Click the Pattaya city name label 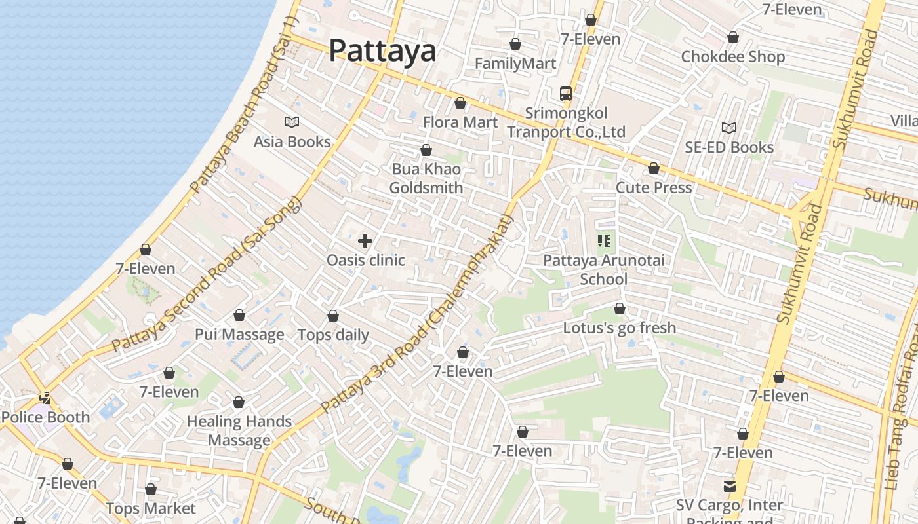(382, 50)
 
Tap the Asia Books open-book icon (292, 122)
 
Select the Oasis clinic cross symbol (365, 241)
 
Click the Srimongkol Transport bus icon (566, 94)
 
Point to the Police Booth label (45, 417)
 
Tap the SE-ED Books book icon (729, 128)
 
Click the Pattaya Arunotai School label (604, 270)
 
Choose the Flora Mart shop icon (460, 103)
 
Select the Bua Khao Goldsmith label (426, 178)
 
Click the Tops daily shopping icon (333, 316)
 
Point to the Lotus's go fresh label (620, 327)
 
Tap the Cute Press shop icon (654, 169)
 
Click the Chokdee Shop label (733, 56)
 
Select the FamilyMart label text (515, 64)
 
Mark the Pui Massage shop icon (239, 316)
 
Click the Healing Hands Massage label (239, 430)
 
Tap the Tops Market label (151, 508)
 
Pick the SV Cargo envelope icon (729, 487)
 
